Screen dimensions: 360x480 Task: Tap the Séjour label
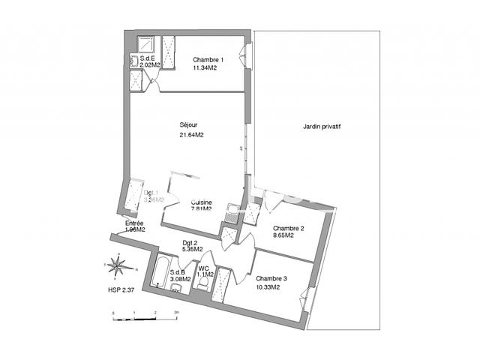(189, 124)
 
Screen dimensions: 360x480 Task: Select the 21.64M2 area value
(191, 135)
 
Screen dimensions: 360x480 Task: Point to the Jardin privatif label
(322, 127)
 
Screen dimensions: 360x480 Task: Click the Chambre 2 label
(288, 228)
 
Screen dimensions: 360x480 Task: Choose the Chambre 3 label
(271, 277)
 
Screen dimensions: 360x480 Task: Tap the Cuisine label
(201, 202)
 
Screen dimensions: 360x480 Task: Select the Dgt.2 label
(190, 242)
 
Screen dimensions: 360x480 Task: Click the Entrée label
(135, 223)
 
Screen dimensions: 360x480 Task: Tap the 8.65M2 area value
(283, 235)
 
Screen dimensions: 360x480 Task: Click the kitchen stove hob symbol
(234, 212)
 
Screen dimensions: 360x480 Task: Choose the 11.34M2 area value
(205, 67)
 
